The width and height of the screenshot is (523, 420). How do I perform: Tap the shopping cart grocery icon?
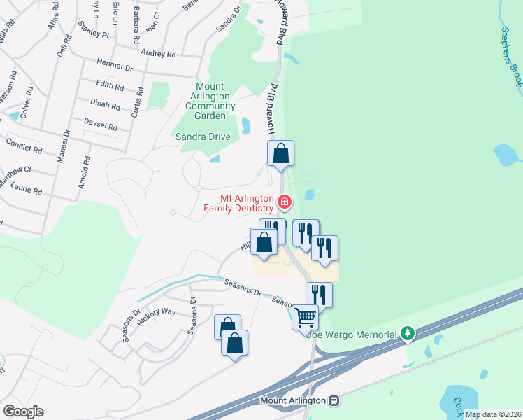pos(305,317)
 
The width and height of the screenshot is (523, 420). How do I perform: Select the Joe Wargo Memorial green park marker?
pos(408,334)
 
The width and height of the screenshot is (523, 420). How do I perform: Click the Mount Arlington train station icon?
pos(334,401)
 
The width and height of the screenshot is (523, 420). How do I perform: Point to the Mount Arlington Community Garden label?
pos(210,101)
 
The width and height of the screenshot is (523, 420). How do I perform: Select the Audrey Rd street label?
pos(157,53)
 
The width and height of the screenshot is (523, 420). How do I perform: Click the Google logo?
pos(22,412)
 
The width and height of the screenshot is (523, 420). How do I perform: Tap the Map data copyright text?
pos(492,414)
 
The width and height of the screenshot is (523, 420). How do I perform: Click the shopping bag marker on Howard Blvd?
pos(280,153)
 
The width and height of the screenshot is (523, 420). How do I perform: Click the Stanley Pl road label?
pos(94,33)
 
